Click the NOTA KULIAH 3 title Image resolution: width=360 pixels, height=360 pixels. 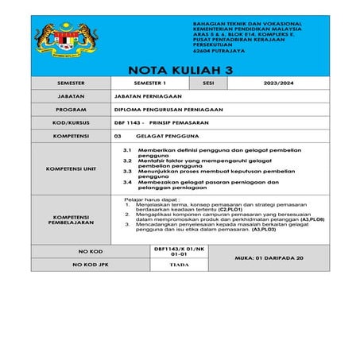click(180, 70)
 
